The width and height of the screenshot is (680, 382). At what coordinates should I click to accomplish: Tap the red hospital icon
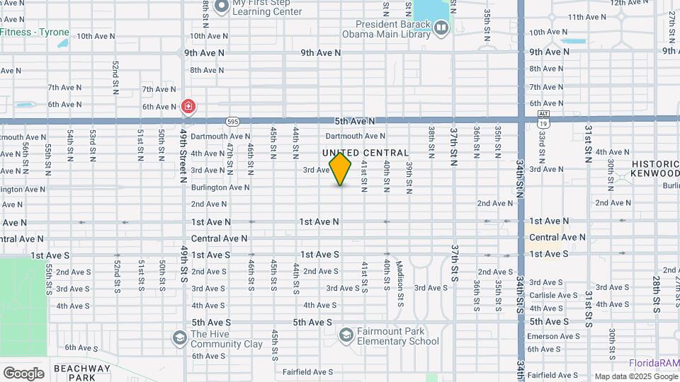click(x=188, y=107)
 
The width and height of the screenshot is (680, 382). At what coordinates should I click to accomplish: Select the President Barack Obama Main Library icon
click(x=442, y=28)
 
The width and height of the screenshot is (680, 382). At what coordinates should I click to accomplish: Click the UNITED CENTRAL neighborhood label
click(x=365, y=153)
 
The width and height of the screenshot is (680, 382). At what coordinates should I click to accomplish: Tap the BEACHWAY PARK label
click(x=82, y=372)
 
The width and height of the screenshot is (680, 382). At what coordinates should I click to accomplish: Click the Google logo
click(x=23, y=373)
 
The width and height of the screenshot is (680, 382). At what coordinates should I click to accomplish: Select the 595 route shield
click(x=232, y=122)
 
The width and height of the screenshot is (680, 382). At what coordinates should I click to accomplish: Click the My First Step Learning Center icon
click(x=221, y=6)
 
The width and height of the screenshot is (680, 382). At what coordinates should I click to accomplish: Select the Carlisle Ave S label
click(x=555, y=295)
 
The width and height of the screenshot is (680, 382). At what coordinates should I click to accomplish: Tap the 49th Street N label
click(x=183, y=154)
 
